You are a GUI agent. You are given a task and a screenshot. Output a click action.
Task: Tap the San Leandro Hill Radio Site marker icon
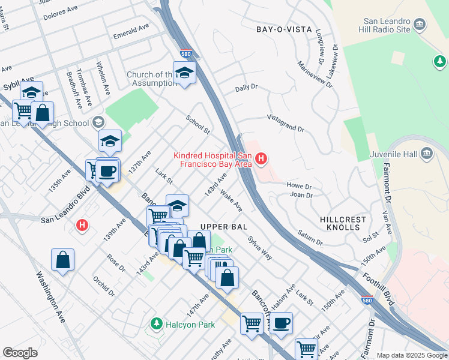coord(420,25)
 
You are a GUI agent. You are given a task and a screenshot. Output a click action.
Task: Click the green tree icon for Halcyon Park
coord(157,324)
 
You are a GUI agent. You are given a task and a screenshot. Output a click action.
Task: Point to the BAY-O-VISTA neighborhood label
coord(284,29)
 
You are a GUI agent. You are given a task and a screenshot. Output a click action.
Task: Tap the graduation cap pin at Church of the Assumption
coord(185,73)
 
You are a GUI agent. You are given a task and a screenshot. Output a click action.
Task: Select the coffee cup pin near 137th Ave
coord(107,171)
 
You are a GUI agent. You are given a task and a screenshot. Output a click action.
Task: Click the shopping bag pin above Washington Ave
coord(62,260)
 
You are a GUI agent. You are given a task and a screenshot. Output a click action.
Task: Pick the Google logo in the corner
coord(20,353)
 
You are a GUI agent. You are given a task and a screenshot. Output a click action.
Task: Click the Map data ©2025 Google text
coord(412,355)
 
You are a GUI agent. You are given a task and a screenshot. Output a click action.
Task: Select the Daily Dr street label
coord(246,88)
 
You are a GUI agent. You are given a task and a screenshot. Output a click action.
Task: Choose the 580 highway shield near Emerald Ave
coord(187,53)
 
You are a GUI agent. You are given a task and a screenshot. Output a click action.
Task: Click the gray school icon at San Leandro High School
coord(98,123)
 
